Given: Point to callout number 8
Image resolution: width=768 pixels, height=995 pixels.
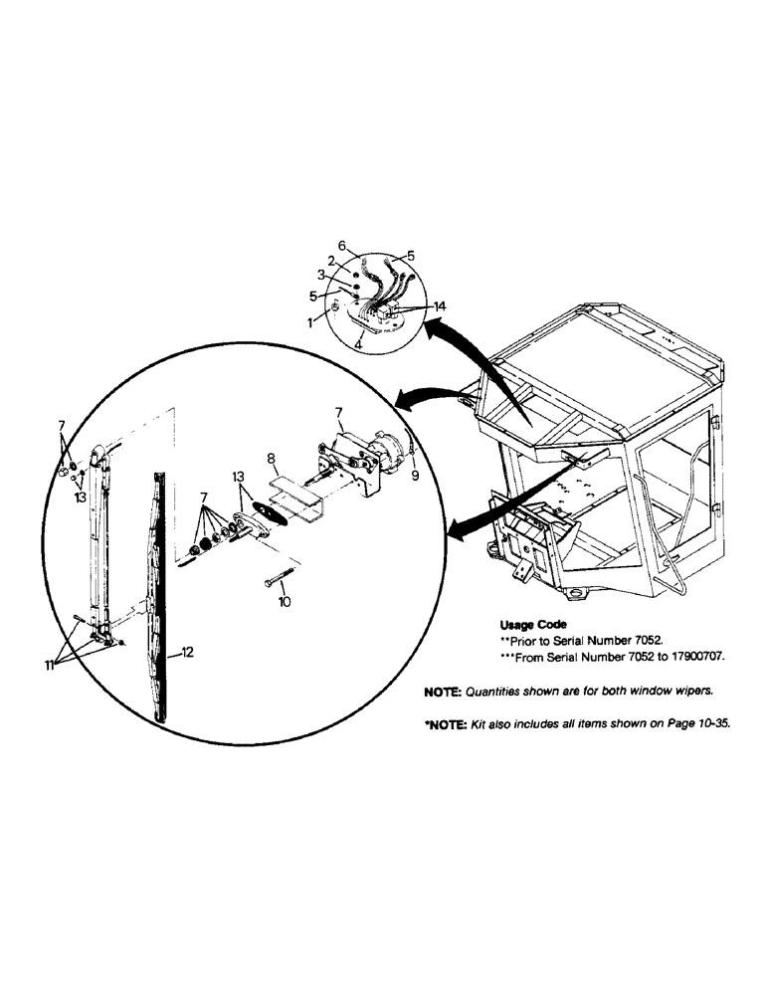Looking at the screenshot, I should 270,460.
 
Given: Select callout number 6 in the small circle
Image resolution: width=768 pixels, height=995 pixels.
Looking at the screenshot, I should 341,246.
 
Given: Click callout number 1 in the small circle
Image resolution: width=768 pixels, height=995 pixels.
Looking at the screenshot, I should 311,322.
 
